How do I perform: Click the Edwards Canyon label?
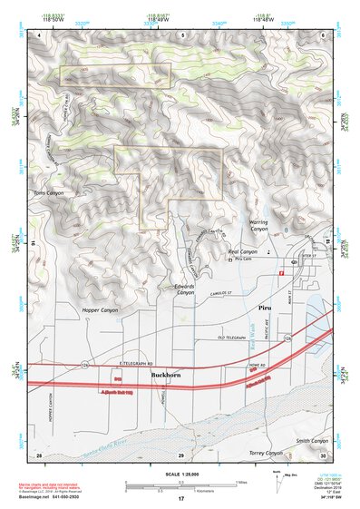[184, 289]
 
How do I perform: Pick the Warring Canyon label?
[260, 225]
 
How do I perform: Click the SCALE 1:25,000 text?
[180, 470]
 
